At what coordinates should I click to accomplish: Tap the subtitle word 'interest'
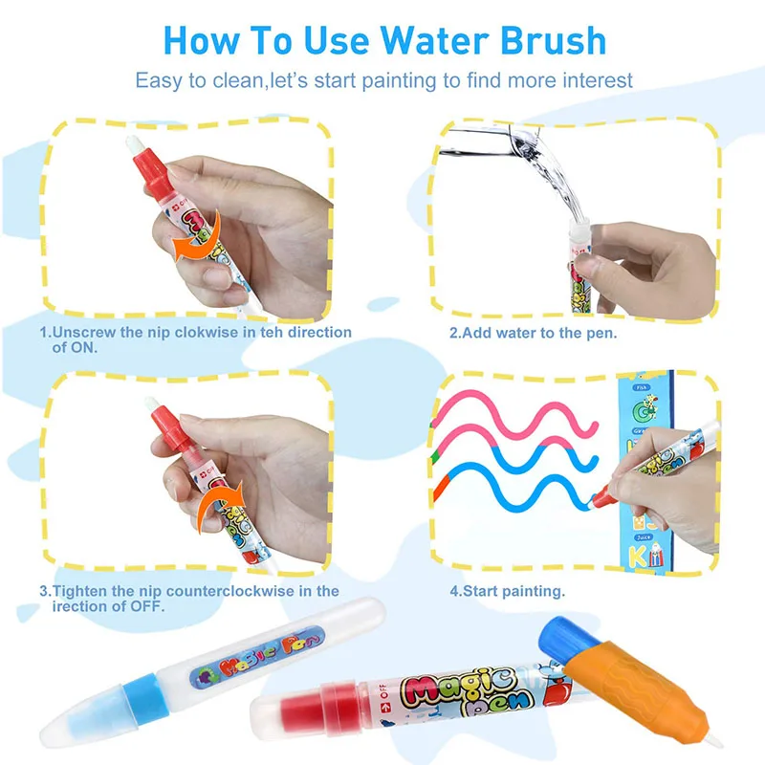[x=592, y=80]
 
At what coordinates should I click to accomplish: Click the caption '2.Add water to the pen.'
[x=534, y=334]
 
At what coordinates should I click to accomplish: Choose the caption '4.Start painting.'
[x=507, y=592]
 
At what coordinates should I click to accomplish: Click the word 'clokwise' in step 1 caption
[x=202, y=333]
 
